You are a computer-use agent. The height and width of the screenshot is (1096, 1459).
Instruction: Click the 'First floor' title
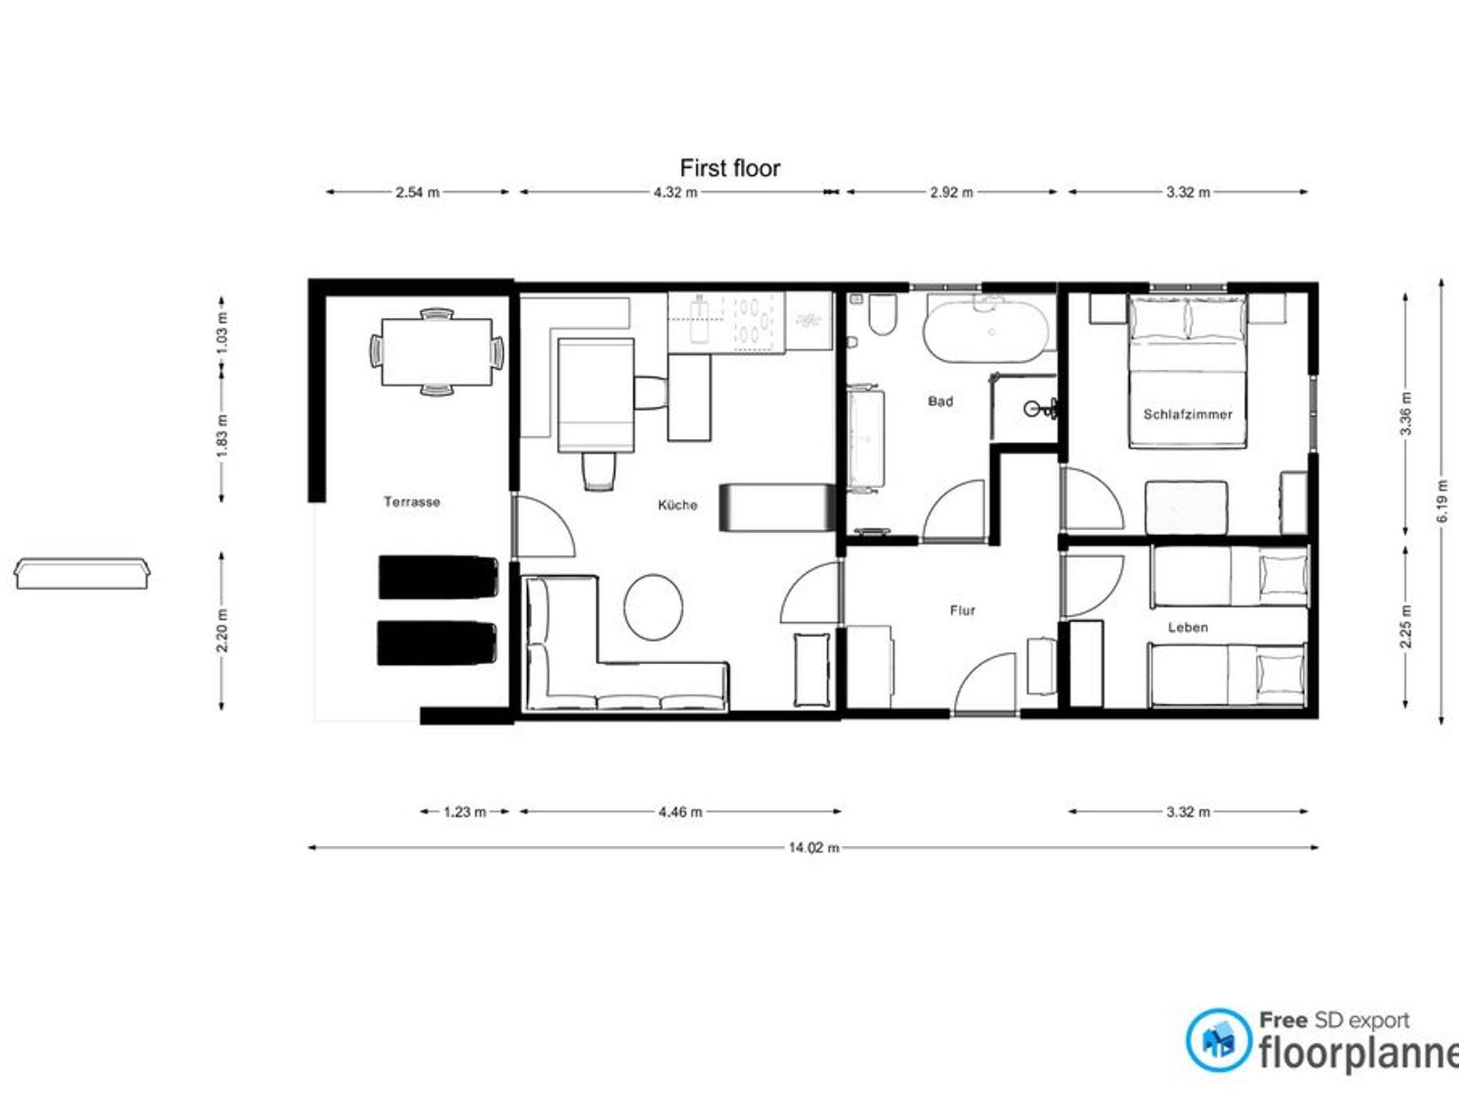(729, 168)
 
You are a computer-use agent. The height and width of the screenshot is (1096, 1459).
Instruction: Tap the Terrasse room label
(412, 502)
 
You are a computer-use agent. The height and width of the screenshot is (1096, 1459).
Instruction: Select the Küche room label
(677, 505)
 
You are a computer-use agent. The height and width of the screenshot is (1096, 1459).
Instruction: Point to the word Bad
(940, 401)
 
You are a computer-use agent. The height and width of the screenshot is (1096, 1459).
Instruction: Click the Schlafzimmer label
(1188, 414)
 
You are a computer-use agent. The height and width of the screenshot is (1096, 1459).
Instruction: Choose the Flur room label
(962, 610)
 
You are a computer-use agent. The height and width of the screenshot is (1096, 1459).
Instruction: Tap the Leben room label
(1188, 627)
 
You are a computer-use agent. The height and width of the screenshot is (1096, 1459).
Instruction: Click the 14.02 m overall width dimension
(814, 847)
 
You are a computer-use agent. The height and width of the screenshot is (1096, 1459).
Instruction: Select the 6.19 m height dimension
(1443, 500)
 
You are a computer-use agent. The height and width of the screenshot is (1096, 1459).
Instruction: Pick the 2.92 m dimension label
(951, 192)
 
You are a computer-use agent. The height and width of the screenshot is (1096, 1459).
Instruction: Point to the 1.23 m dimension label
(464, 811)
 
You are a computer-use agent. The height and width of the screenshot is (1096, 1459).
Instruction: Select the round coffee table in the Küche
(653, 607)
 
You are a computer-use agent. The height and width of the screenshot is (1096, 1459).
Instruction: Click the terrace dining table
(437, 352)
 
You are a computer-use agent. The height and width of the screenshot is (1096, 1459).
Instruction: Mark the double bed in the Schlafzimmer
(1188, 371)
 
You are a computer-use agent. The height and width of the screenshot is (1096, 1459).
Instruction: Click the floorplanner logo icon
(1219, 1040)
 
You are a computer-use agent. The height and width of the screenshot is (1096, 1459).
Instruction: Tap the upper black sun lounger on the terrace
(437, 577)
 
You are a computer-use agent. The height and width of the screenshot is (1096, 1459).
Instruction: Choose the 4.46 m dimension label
(680, 811)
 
